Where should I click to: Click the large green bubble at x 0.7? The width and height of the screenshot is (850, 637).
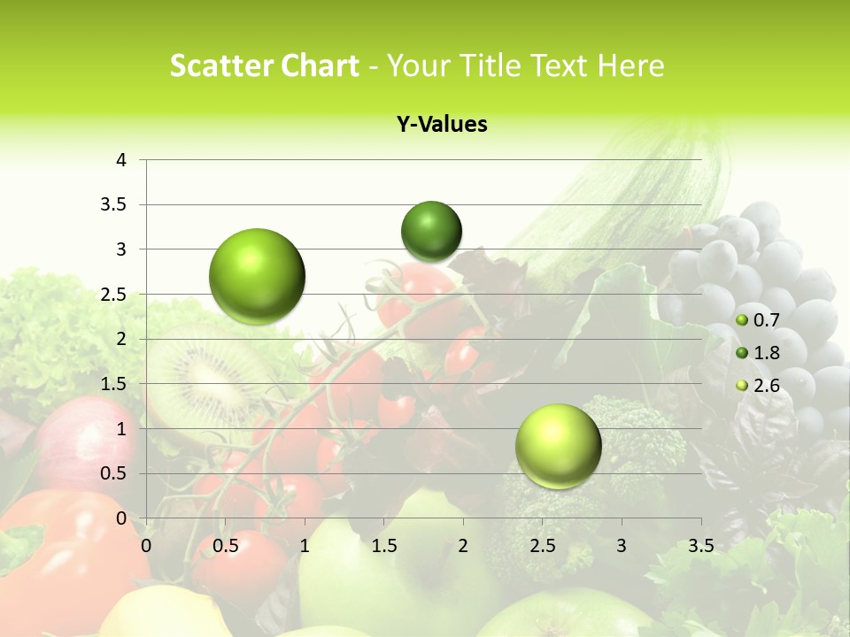258,276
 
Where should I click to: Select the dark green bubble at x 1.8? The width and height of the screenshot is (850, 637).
431,231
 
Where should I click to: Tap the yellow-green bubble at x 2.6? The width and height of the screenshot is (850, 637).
558,446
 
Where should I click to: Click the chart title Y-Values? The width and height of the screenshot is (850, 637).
442,125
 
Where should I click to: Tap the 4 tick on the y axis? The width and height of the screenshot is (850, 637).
121,160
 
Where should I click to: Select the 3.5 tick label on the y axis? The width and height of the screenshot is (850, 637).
114,204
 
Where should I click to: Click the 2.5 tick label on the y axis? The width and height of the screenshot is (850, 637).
114,295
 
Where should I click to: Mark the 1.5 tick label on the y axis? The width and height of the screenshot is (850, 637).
114,384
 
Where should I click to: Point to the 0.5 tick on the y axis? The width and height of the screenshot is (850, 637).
114,473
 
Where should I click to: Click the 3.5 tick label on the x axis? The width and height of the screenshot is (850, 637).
700,546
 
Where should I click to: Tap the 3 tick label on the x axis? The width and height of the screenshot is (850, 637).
622,546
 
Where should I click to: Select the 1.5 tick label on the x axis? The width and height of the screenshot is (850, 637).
383,546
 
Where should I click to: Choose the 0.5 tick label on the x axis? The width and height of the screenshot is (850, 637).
226,546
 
